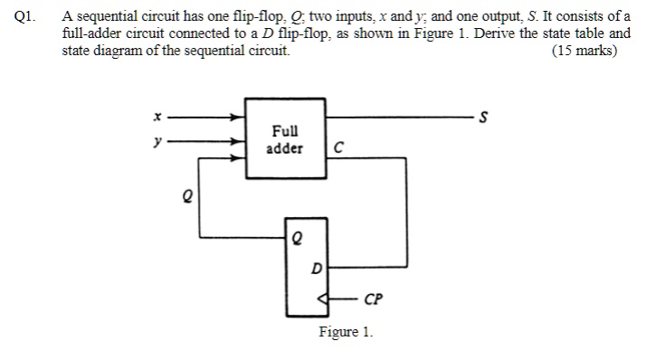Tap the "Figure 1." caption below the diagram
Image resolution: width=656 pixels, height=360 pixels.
346,332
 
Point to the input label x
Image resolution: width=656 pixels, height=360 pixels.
157,117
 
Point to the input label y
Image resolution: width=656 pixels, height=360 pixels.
157,141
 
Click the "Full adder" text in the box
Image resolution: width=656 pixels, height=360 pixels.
285,140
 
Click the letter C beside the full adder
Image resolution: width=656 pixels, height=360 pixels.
338,148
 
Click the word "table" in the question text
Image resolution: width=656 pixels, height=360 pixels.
588,33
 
